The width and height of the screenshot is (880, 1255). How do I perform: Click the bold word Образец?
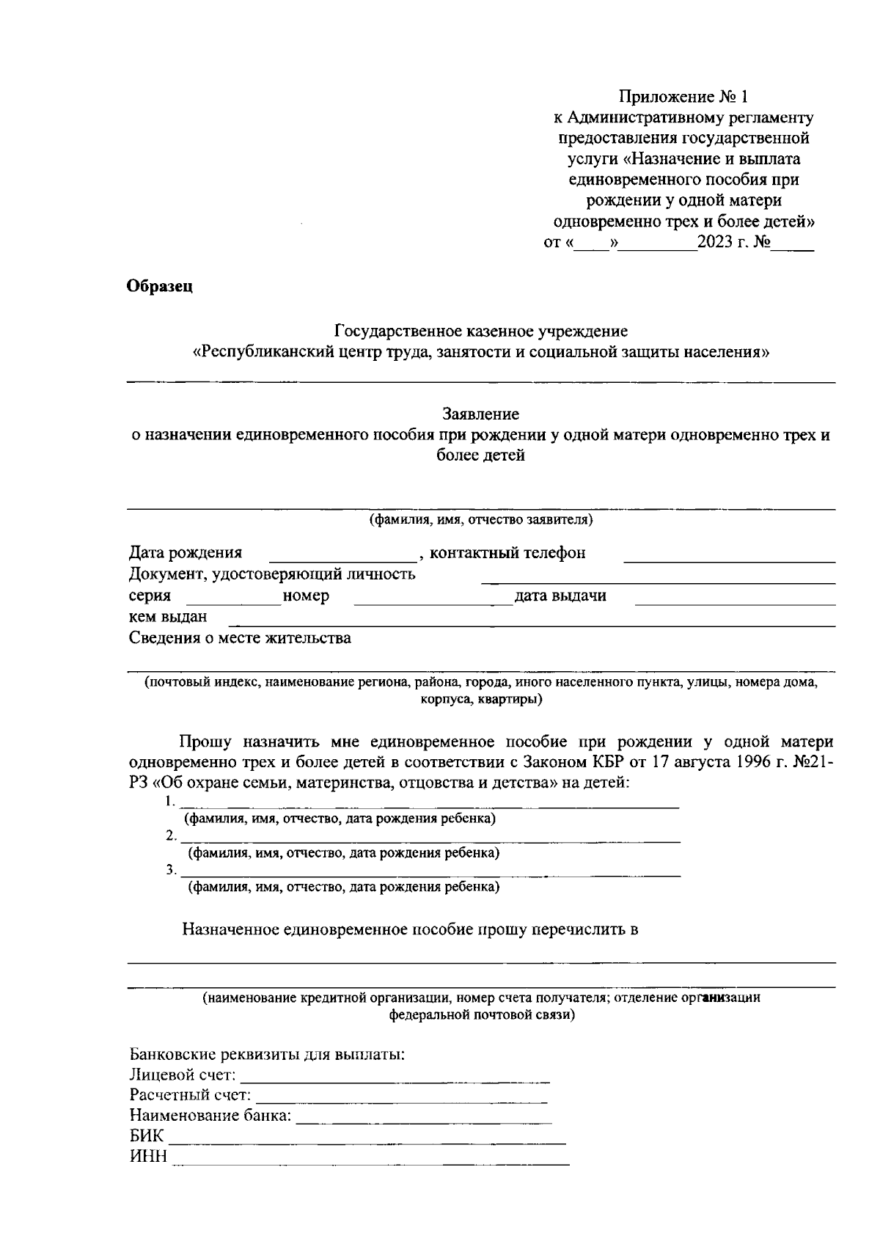coord(160,287)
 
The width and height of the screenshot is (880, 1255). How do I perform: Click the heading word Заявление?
coord(481,414)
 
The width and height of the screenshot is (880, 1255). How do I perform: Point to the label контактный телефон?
coord(507,553)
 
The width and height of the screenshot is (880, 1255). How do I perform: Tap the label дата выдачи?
coord(560,596)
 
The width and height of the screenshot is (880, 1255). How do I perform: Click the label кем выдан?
coord(168,617)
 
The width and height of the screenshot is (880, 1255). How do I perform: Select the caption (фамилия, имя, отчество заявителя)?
coord(481,520)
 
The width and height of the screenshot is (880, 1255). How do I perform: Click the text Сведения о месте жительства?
coord(240,638)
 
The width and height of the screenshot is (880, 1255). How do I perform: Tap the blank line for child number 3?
coord(430,874)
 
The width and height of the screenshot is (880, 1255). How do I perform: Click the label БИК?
coord(147,1138)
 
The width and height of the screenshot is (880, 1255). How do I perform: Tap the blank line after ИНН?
coord(370,1163)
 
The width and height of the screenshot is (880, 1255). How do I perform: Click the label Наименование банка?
coord(210,1117)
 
